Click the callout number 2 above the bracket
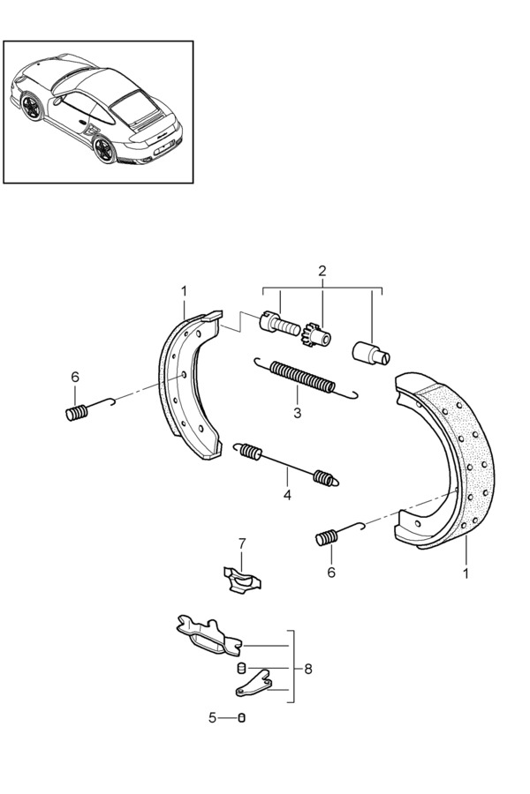coord(322,271)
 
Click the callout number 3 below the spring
coord(298,413)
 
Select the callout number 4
coord(287,495)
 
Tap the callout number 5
coord(212,718)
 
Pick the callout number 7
coord(242,543)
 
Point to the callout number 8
coord(307,669)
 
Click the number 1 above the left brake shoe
coord(184,290)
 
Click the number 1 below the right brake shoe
coord(466,573)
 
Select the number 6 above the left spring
coord(75,378)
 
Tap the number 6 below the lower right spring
coord(331,572)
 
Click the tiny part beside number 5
coord(241,718)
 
